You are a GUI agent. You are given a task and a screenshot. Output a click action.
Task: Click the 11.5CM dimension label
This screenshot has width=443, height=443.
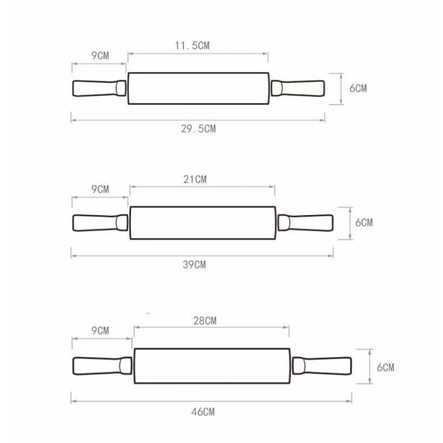click(x=192, y=46)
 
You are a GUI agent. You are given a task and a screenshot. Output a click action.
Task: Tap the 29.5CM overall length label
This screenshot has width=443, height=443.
click(x=198, y=129)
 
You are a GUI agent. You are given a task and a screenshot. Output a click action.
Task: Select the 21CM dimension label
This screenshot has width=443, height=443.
click(x=195, y=180)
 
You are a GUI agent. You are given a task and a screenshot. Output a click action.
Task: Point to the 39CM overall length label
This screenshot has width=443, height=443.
click(x=194, y=265)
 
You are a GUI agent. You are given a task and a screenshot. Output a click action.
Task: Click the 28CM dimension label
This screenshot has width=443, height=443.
click(x=205, y=321)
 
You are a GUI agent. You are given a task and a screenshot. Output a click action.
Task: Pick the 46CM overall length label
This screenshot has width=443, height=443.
click(x=203, y=412)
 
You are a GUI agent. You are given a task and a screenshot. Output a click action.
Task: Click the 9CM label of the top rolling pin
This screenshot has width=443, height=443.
click(x=100, y=56)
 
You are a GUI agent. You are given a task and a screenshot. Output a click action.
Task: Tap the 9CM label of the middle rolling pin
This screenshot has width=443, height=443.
click(x=100, y=190)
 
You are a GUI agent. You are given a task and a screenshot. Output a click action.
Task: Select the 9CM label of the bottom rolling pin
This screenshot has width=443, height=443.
click(x=100, y=331)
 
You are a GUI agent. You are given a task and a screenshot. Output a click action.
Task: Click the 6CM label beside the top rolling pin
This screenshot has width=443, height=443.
click(x=358, y=88)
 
